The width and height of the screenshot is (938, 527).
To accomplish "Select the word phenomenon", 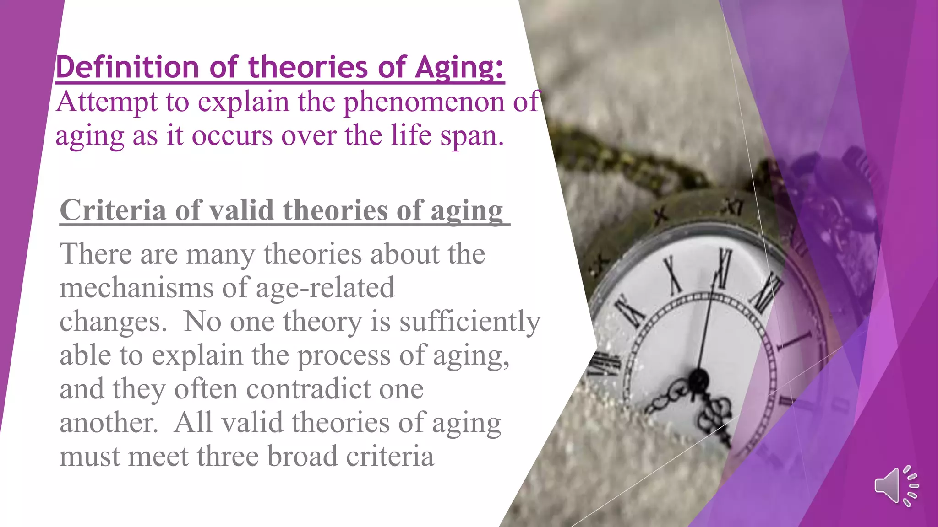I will point(424,102).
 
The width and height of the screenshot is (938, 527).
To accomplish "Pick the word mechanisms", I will point(136,288).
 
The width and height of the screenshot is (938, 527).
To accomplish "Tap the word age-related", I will point(325,288).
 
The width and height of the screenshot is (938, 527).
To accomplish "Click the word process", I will point(344,356).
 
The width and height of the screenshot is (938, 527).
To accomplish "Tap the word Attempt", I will point(107,102).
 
